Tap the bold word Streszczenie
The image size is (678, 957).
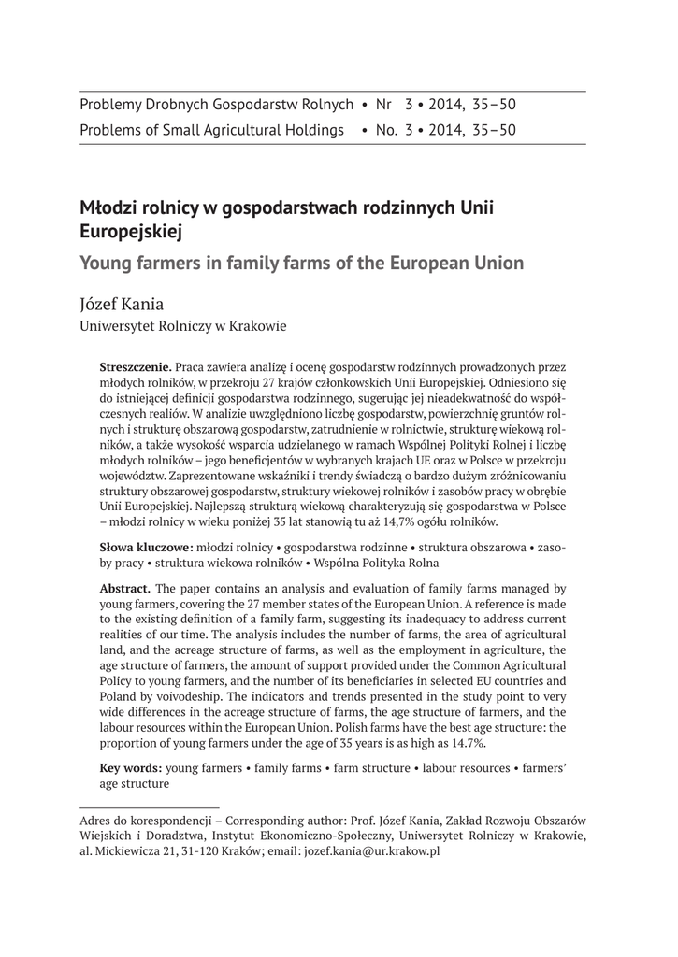click(x=135, y=369)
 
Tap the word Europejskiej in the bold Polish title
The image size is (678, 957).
click(x=131, y=228)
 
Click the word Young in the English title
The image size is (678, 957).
click(x=108, y=263)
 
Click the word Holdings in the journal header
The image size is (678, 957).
click(x=313, y=130)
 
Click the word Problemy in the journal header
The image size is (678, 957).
click(x=112, y=106)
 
